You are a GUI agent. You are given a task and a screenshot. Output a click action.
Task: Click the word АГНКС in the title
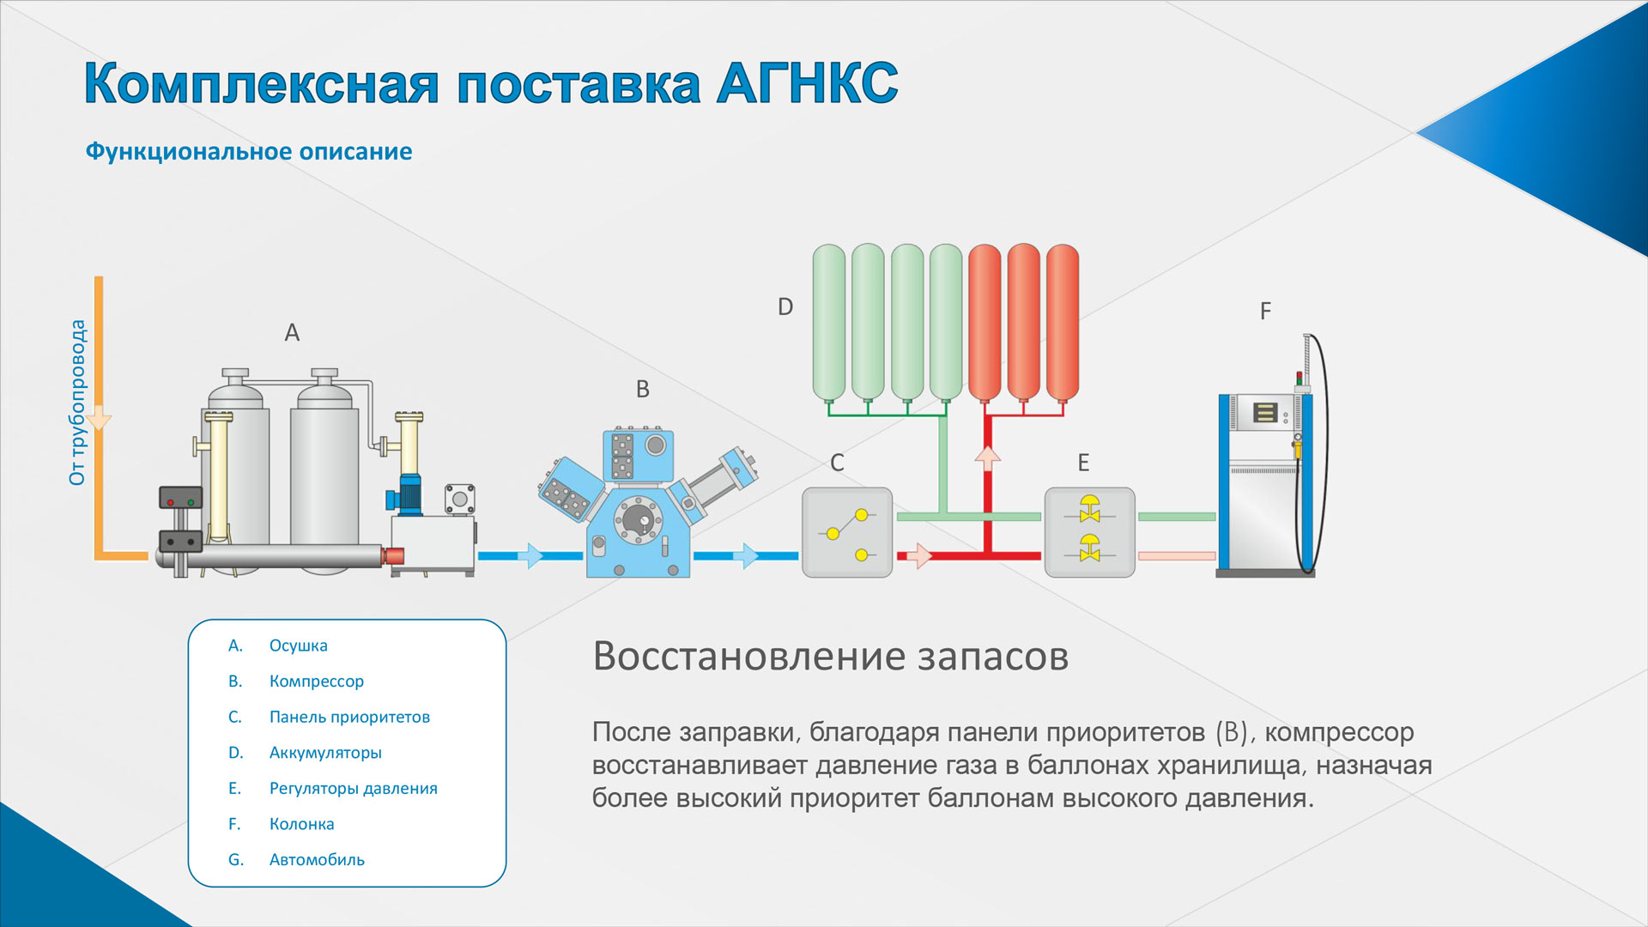tap(808, 83)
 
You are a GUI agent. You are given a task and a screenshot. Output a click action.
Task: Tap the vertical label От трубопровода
tap(77, 403)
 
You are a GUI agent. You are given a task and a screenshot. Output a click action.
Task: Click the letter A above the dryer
tap(292, 332)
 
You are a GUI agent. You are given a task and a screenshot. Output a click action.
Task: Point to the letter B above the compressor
tap(643, 389)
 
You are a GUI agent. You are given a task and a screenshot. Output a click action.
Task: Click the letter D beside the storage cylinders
tap(785, 306)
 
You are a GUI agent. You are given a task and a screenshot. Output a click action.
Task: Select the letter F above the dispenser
tap(1265, 311)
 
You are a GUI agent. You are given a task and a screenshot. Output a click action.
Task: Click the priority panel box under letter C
tap(847, 532)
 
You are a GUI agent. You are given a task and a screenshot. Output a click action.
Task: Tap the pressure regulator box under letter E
tap(1090, 532)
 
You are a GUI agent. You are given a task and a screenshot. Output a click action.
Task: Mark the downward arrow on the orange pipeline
tap(99, 418)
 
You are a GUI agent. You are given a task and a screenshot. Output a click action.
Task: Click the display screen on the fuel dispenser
tap(1264, 412)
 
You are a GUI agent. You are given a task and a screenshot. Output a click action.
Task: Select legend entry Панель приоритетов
tap(349, 717)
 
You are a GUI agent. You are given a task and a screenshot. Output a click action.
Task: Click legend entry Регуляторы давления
tap(353, 788)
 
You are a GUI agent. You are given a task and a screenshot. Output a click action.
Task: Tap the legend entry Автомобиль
tap(317, 859)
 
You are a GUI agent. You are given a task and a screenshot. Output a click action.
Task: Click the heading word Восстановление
tap(750, 657)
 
